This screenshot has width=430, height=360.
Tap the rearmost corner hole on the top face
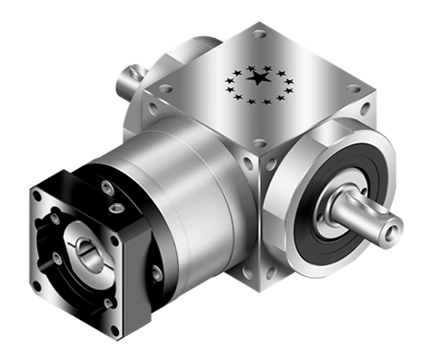click(x=258, y=35)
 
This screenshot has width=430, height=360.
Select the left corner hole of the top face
click(x=166, y=90)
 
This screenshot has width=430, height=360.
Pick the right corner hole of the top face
click(x=352, y=90)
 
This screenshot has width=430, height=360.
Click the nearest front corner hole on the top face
click(x=259, y=143)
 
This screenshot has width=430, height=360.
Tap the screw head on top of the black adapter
click(x=109, y=188)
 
